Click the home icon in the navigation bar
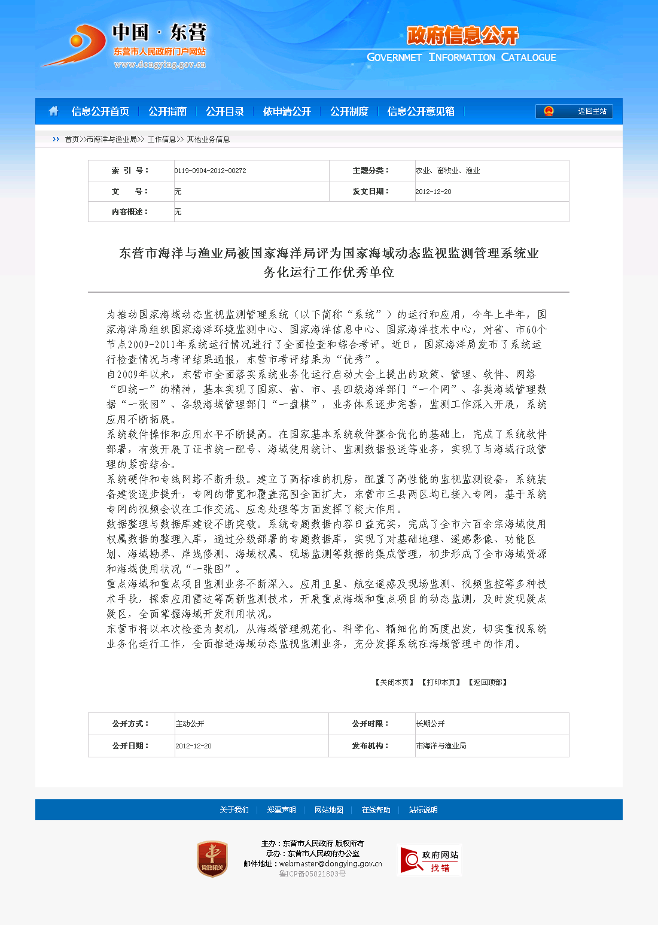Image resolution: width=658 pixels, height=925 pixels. (x=54, y=111)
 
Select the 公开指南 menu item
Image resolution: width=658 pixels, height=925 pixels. (x=167, y=111)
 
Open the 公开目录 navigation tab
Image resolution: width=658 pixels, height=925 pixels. (x=225, y=111)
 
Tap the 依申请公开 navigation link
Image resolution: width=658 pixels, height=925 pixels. (x=287, y=111)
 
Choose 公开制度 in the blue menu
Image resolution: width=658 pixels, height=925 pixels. (x=349, y=111)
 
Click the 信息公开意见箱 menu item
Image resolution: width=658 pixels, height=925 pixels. (x=421, y=111)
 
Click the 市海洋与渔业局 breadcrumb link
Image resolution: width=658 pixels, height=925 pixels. (x=112, y=139)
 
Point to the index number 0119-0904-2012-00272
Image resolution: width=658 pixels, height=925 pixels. (x=210, y=171)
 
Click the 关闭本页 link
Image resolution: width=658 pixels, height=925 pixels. (x=394, y=683)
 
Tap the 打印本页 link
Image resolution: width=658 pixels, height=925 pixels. (x=441, y=683)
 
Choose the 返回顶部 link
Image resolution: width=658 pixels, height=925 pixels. (x=488, y=683)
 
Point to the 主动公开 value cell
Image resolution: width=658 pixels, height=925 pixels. (x=190, y=724)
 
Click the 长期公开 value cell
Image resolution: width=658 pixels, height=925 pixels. (x=430, y=724)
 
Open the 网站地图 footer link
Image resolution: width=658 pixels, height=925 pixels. (x=329, y=810)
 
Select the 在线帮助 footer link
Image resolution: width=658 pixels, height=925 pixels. (x=376, y=810)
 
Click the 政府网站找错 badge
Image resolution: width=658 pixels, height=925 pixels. (x=429, y=860)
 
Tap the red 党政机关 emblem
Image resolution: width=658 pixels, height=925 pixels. (x=212, y=859)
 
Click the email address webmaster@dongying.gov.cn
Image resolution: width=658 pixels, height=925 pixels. (x=330, y=864)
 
